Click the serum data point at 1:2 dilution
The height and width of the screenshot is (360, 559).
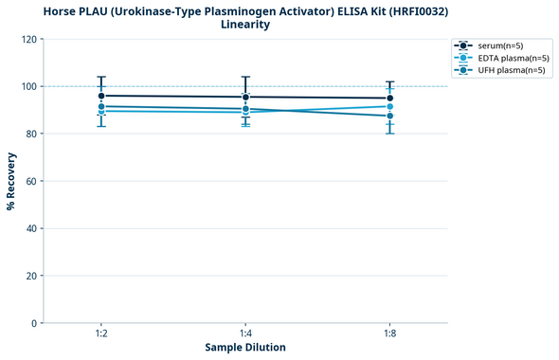(101, 96)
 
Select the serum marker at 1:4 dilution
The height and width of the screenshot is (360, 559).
(245, 97)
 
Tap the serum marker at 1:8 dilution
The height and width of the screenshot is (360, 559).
(389, 98)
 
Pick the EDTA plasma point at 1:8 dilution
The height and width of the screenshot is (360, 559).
(389, 106)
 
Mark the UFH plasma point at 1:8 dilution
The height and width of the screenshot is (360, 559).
(389, 116)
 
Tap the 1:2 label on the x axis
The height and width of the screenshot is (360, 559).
(101, 334)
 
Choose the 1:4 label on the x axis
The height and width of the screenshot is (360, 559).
(245, 334)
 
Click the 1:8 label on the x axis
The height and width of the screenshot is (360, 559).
(389, 334)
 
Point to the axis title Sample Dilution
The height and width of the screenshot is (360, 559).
(245, 348)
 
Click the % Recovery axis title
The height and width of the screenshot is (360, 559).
(11, 180)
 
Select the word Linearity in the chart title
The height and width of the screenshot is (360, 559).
(245, 25)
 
